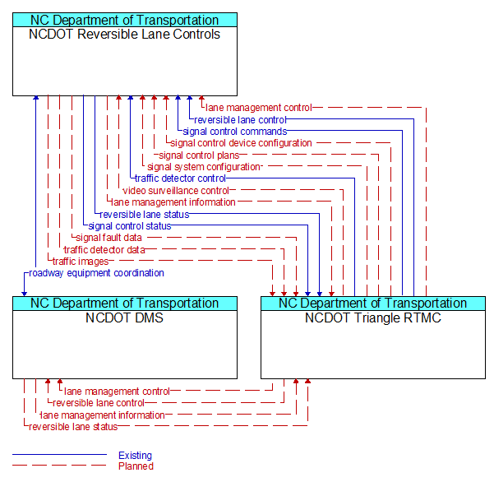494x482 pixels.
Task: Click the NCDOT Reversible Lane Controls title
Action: click(124, 34)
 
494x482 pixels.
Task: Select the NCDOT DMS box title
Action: click(124, 317)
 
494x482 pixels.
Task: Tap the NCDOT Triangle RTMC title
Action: click(373, 317)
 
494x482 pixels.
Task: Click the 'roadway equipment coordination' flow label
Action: click(96, 273)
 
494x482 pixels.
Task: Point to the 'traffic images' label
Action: click(81, 262)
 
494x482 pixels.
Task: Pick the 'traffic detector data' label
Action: click(104, 250)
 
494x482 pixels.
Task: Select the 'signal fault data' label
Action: click(109, 238)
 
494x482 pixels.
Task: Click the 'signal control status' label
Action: click(130, 226)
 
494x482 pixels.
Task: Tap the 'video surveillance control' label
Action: click(176, 191)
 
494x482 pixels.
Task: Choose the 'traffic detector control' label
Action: click(180, 178)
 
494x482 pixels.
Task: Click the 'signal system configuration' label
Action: click(204, 167)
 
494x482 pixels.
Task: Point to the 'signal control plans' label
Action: click(199, 155)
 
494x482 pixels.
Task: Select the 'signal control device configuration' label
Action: click(241, 143)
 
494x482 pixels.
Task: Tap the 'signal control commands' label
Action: click(235, 132)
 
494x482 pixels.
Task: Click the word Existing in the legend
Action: click(135, 455)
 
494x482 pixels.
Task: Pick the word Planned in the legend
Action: click(136, 466)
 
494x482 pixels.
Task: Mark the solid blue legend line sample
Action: click(59, 454)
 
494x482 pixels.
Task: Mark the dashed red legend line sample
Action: click(59, 465)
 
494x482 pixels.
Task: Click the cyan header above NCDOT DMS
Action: click(125, 304)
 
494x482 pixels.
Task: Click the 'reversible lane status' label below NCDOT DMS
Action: click(73, 427)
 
